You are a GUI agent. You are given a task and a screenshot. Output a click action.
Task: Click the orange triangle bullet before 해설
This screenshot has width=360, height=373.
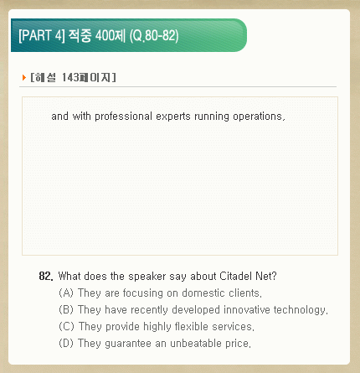[x=24, y=78]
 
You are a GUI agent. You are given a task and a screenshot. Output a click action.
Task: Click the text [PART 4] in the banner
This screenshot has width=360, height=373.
[x=42, y=35]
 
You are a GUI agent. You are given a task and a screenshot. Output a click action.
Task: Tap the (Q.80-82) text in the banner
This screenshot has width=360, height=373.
[x=154, y=36]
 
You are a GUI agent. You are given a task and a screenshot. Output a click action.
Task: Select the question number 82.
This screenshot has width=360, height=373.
[x=46, y=276]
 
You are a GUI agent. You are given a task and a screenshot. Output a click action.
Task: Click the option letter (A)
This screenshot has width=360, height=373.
[x=66, y=293]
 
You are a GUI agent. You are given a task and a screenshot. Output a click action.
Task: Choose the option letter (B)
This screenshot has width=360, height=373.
[x=66, y=309]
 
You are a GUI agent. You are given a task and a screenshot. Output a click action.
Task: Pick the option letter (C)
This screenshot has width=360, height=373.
[x=66, y=326]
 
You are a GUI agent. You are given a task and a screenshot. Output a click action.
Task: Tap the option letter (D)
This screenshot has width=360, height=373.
[x=66, y=343]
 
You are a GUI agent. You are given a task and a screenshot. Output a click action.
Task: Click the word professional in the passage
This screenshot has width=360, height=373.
[x=123, y=117]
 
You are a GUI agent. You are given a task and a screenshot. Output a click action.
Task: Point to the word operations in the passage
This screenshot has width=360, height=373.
[x=259, y=117]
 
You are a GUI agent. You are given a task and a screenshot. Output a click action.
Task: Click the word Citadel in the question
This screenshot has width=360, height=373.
[x=236, y=276]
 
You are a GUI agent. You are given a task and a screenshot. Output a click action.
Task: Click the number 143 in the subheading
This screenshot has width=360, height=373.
[x=70, y=77]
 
